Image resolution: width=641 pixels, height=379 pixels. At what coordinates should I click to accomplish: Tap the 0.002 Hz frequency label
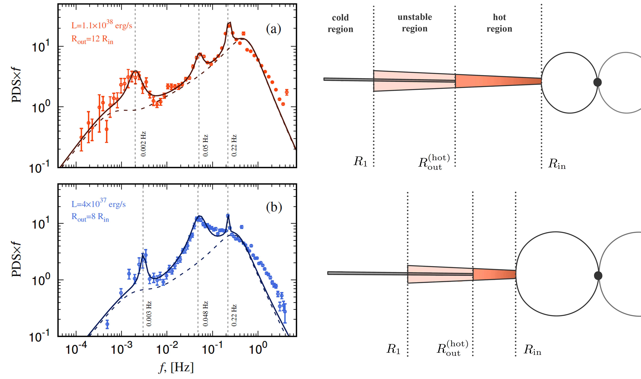coord(143,144)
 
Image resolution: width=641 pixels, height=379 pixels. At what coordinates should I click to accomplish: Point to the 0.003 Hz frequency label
coord(149,314)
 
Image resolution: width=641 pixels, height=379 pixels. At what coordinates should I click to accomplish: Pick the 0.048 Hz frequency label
coord(205,314)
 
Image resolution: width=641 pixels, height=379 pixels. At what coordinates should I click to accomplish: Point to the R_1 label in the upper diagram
coord(360,161)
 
